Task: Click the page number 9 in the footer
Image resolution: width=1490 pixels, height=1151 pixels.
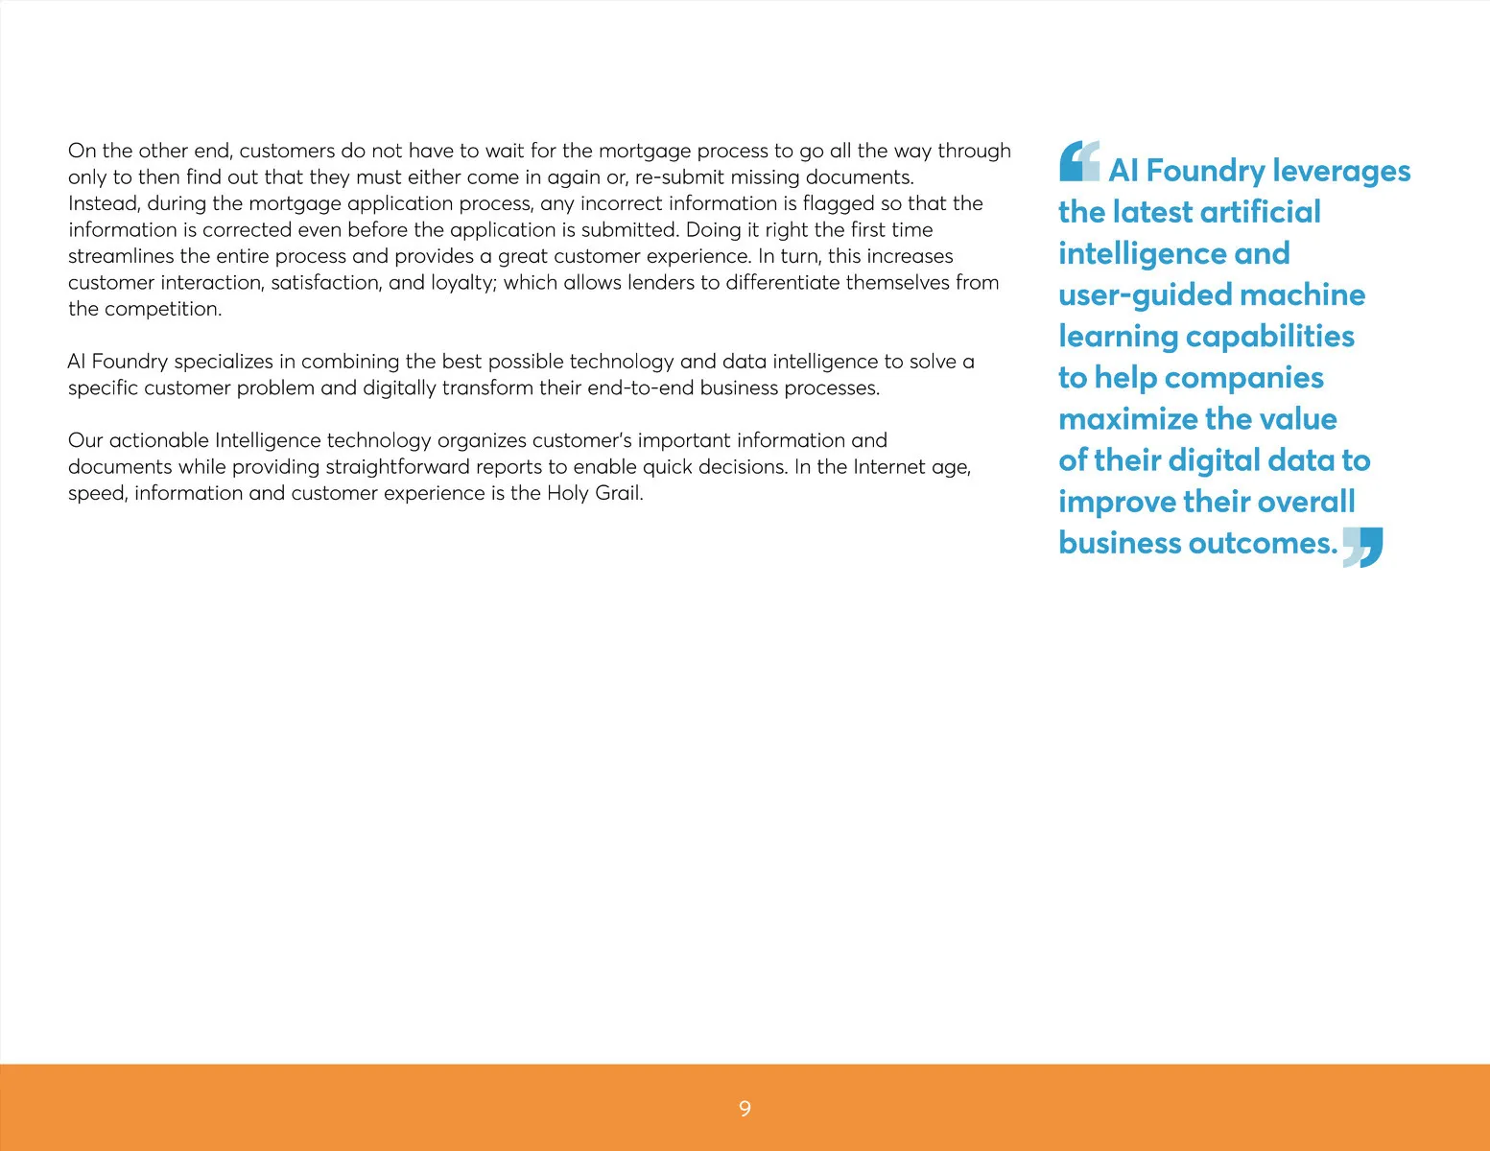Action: [745, 1109]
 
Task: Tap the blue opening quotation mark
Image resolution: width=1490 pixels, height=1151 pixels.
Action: [1079, 161]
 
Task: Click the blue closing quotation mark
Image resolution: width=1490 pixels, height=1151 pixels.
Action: [1362, 547]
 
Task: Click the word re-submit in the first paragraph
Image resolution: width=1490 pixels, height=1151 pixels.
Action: [679, 177]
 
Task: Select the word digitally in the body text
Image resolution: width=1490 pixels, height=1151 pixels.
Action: [398, 388]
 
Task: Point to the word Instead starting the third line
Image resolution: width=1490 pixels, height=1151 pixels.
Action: [103, 203]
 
